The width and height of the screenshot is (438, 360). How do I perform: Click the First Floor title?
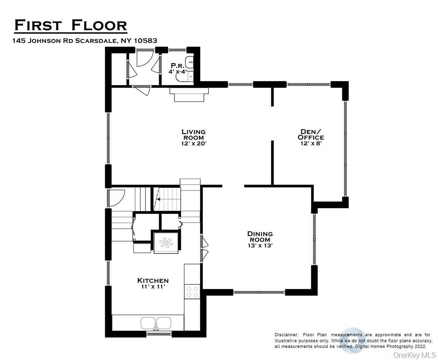[x=71, y=25]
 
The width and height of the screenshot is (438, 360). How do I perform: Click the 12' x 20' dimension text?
[x=193, y=144]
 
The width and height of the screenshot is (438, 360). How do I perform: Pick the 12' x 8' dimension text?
[x=311, y=144]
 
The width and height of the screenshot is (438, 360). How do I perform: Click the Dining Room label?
[x=260, y=237]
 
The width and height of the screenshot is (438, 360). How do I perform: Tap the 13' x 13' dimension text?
[x=260, y=246]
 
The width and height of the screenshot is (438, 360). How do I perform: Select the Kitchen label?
[x=153, y=281]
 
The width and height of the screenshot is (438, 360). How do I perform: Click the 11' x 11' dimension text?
[x=153, y=287]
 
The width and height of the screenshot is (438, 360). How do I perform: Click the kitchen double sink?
[x=156, y=323]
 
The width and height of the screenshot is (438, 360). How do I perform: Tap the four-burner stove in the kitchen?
[x=193, y=292]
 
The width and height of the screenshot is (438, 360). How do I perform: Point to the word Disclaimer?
[x=287, y=335]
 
